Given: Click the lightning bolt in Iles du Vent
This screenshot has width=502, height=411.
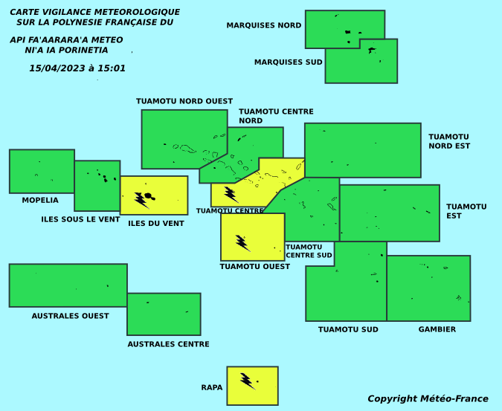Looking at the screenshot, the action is point(141,201).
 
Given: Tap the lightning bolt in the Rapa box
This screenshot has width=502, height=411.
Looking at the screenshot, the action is point(248,381).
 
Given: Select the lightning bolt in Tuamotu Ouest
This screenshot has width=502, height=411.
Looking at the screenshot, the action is point(243,243).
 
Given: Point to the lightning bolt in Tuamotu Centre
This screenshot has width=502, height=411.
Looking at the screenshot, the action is point(231,195).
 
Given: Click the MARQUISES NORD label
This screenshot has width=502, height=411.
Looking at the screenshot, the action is point(264,25).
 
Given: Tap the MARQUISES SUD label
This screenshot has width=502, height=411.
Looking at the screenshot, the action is point(288,62).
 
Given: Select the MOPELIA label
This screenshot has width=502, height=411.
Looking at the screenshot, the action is point(40,200).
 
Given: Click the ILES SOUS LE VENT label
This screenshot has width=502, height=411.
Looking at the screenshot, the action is point(80,219).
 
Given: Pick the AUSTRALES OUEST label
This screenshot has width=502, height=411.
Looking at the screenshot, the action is point(70,316).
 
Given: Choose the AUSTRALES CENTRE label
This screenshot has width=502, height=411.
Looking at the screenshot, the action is point(168,344).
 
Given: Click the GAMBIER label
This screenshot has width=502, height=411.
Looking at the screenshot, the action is point(437,329).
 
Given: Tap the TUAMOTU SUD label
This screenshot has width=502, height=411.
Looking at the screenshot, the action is point(348,329).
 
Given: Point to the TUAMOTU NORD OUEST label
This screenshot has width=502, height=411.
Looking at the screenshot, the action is point(184,101).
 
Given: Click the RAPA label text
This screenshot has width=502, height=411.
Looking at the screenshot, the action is point(212,388).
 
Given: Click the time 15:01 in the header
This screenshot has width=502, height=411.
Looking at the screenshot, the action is point(112,68).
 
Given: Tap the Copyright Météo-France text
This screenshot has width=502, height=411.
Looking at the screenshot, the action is point(428,399).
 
